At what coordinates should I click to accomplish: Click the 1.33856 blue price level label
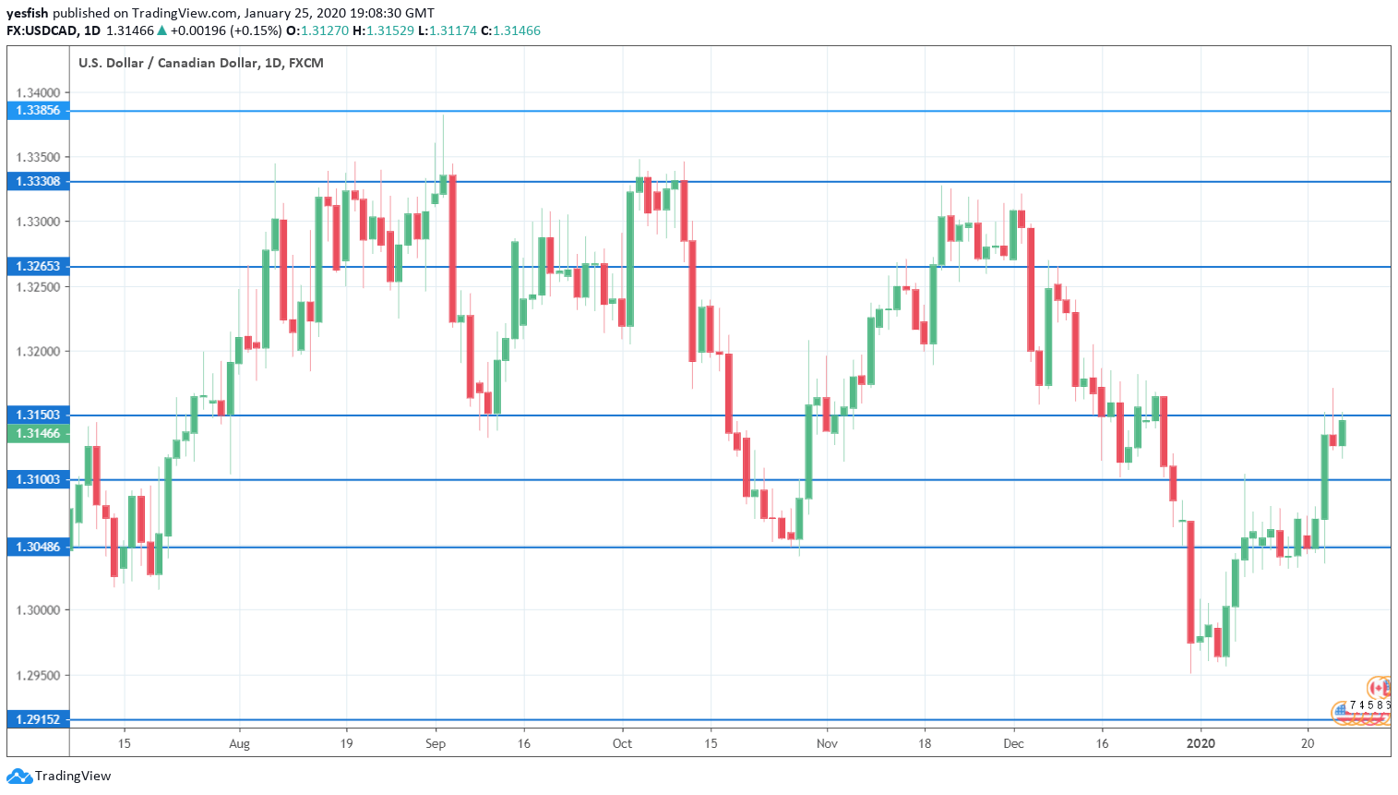(x=38, y=111)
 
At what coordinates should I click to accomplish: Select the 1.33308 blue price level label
(x=38, y=182)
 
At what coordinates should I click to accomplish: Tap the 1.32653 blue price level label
(x=38, y=267)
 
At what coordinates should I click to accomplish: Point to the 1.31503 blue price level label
(x=38, y=416)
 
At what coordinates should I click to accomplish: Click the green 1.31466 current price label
(x=38, y=434)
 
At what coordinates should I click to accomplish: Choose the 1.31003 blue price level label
(x=38, y=480)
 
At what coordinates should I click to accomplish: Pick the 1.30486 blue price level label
(x=38, y=548)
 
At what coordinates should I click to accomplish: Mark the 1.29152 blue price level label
(x=38, y=720)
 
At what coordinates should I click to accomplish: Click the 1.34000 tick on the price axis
(x=38, y=93)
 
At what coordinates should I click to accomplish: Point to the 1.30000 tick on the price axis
(x=38, y=610)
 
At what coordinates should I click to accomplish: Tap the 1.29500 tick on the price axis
(x=38, y=676)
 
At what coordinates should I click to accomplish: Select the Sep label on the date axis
(x=436, y=743)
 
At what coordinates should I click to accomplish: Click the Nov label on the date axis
(x=827, y=743)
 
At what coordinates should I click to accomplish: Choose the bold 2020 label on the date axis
(x=1201, y=743)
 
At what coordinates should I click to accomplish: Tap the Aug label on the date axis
(x=239, y=743)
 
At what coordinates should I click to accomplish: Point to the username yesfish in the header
(x=27, y=13)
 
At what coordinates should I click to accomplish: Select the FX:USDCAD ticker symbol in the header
(x=42, y=30)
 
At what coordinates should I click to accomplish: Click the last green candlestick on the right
(x=1342, y=433)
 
